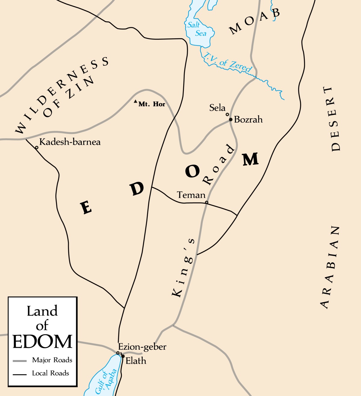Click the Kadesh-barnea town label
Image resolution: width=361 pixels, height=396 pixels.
(70, 142)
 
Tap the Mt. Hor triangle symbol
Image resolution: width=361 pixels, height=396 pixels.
(136, 101)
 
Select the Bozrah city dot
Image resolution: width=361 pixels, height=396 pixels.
(231, 119)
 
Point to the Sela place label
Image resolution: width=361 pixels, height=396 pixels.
(217, 108)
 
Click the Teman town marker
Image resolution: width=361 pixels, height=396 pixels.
(207, 202)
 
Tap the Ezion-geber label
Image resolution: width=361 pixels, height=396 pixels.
(142, 347)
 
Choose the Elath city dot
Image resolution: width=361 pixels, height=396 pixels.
(123, 356)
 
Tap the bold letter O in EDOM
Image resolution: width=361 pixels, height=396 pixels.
(192, 172)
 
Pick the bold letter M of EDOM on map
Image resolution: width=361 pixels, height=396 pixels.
(251, 159)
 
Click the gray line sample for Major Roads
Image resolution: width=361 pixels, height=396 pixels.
(20, 361)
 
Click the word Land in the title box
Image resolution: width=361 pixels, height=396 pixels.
(42, 311)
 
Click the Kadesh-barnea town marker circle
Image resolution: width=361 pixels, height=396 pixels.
(37, 147)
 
